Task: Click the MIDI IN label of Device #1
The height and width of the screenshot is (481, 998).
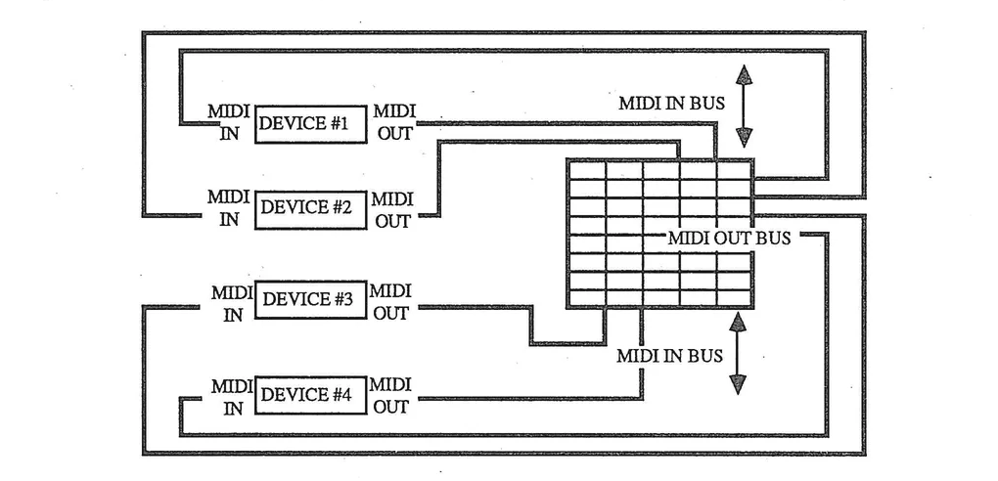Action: (228, 123)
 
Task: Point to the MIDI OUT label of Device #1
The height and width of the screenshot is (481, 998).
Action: (393, 123)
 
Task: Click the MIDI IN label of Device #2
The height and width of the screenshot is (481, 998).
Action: (228, 208)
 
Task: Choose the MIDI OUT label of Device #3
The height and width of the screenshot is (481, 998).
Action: (391, 301)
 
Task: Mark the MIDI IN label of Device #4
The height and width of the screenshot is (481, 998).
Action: (232, 396)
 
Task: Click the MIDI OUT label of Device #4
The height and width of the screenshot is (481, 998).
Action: (391, 395)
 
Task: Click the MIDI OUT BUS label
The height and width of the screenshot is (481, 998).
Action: (730, 238)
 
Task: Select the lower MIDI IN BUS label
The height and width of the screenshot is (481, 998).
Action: (669, 356)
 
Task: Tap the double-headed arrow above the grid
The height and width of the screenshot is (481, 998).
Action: (744, 106)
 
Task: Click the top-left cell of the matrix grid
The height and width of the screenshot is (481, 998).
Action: (586, 170)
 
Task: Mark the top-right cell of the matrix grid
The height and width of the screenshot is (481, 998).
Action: (734, 170)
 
